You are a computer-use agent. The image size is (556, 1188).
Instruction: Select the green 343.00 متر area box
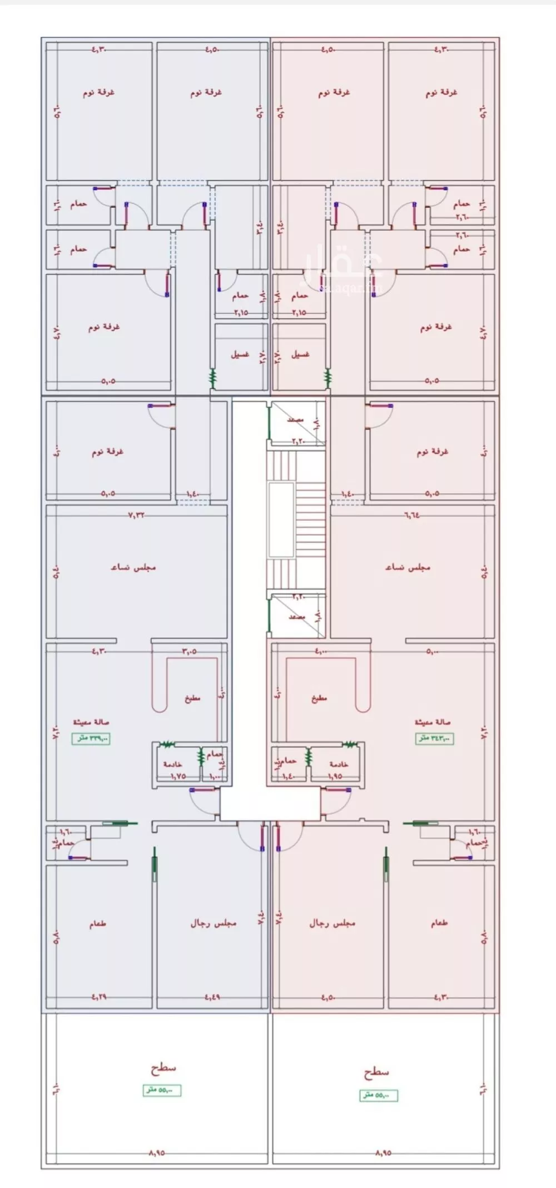pos(435,739)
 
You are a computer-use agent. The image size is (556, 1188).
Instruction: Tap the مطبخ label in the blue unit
pos(192,698)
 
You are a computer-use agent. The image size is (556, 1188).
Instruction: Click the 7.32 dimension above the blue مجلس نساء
pos(137,515)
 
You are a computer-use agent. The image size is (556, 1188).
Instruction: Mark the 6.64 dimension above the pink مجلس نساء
pos(411,515)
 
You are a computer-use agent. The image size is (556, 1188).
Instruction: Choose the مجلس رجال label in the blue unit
pos(214,923)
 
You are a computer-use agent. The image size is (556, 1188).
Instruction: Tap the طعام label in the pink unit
pos(439,923)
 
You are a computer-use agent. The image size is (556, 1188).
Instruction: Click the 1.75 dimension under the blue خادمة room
pos(177,776)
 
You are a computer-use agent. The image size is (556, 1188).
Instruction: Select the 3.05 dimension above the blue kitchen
pos(189,651)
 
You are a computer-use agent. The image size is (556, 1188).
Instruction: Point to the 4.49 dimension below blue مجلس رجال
pos(212,997)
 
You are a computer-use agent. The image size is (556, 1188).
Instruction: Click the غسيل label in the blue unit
pos(240,354)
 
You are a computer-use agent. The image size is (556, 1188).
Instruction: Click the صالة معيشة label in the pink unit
pos(432,722)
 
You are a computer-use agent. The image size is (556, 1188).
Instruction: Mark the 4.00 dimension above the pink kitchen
pos(321,651)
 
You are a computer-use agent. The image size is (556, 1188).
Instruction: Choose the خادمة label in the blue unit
pos(173,764)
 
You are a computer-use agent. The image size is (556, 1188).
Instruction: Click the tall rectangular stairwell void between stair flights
pos(281,520)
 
